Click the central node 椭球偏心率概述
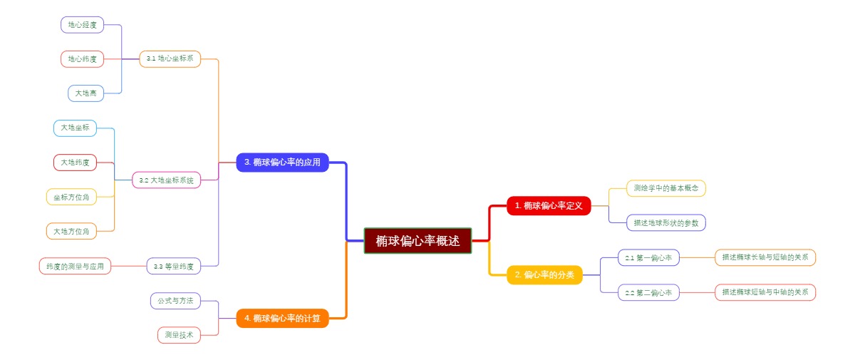(x=418, y=241)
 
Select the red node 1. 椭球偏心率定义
(x=549, y=206)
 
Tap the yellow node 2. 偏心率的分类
(x=544, y=274)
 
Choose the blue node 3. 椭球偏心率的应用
(x=282, y=163)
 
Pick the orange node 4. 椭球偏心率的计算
(x=282, y=318)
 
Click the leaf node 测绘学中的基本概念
(x=665, y=188)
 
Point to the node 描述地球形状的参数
(x=665, y=223)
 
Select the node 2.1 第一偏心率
(x=648, y=257)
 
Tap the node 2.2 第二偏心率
(x=648, y=292)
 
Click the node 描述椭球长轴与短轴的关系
(x=765, y=257)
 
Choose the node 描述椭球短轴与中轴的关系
(x=765, y=292)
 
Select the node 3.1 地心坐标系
(x=170, y=58)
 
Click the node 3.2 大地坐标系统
(x=166, y=180)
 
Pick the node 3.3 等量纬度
(x=173, y=267)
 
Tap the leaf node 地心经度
(x=82, y=25)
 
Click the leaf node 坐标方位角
(x=71, y=197)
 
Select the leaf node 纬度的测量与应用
(x=75, y=267)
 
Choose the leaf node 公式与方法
(x=175, y=301)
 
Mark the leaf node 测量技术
(x=179, y=335)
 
